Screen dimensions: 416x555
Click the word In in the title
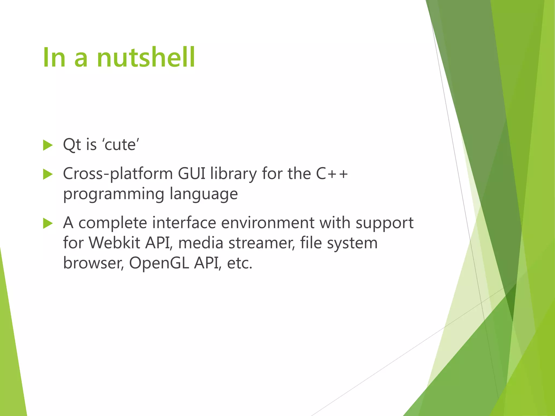[x=54, y=57]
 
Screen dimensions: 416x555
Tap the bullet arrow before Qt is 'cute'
[x=48, y=145]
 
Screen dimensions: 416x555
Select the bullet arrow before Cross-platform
[x=48, y=174]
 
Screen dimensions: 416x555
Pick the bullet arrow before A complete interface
[x=48, y=223]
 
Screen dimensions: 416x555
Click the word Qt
[x=72, y=145]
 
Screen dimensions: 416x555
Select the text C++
[x=332, y=174]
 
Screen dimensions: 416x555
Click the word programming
[x=114, y=194]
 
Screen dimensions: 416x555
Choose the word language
[x=204, y=194]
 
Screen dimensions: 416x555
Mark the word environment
[x=268, y=223]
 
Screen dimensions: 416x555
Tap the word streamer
[x=262, y=243]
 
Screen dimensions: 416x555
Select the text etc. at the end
[x=240, y=263]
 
